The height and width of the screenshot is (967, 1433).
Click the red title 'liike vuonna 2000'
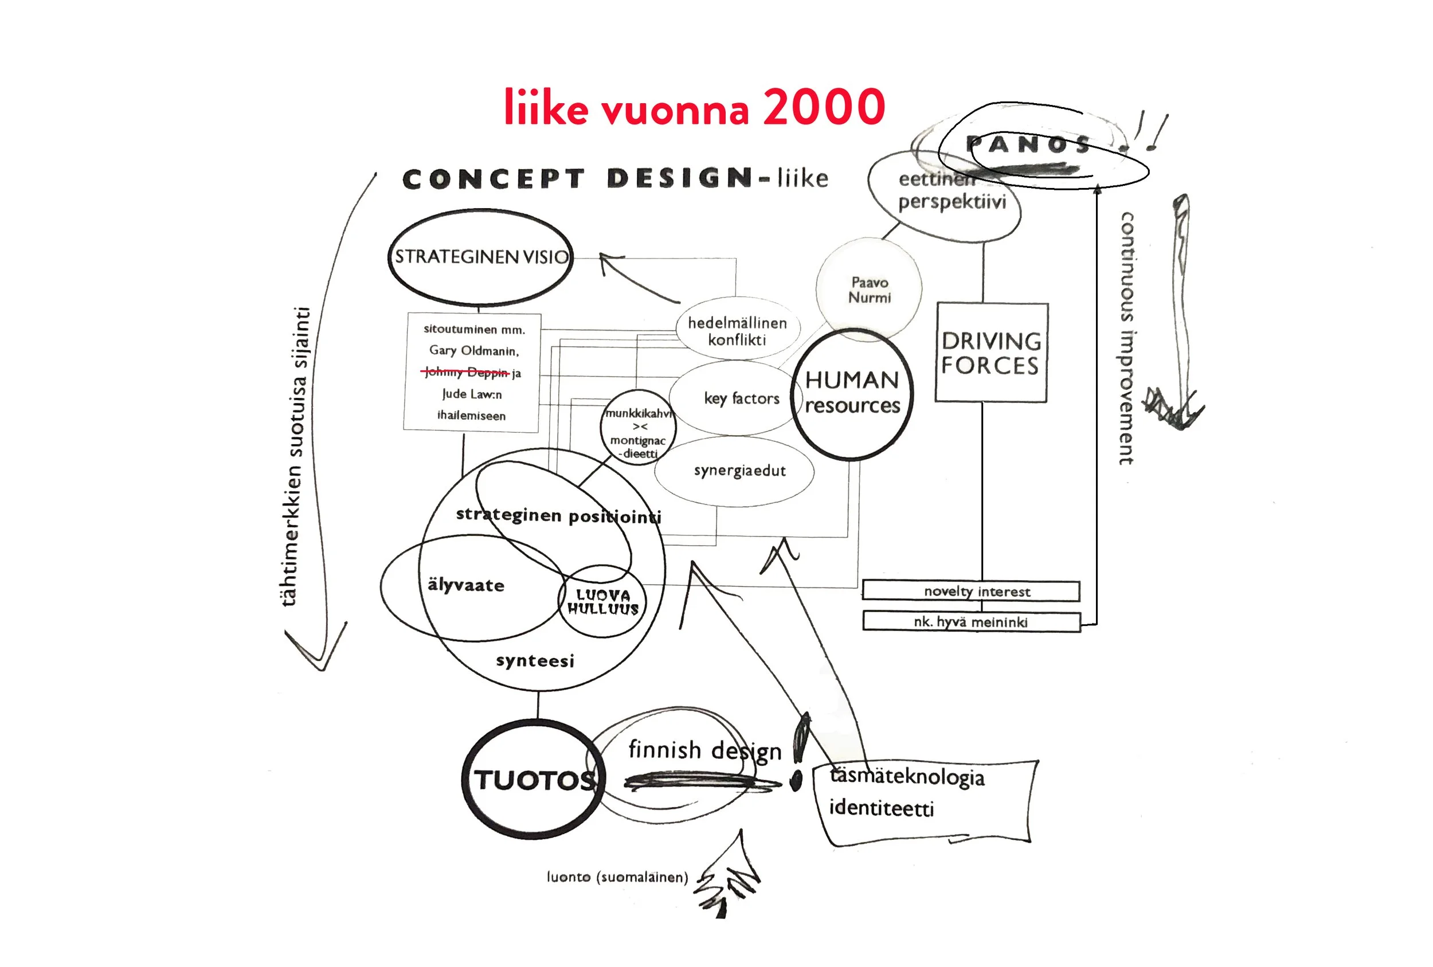pos(694,107)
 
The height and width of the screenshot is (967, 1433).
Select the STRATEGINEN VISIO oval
pos(480,257)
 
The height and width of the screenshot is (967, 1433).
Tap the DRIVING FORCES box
pos(991,353)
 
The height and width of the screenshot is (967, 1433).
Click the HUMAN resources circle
pos(852,393)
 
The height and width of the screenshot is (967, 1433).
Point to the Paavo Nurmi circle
pos(870,289)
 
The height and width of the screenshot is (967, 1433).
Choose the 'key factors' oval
pos(740,398)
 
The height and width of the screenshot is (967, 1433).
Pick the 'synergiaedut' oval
pos(739,471)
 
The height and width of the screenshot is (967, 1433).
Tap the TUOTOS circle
pos(534,780)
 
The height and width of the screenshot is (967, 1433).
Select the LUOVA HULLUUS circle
pos(603,602)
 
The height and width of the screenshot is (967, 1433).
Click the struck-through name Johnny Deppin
pos(467,372)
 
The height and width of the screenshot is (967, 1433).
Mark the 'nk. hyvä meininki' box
pos(970,621)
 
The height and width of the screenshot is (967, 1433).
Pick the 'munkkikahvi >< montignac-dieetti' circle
pos(638,428)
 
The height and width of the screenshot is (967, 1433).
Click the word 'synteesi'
pos(535,660)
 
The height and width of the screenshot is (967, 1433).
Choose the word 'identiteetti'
pos(881,808)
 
